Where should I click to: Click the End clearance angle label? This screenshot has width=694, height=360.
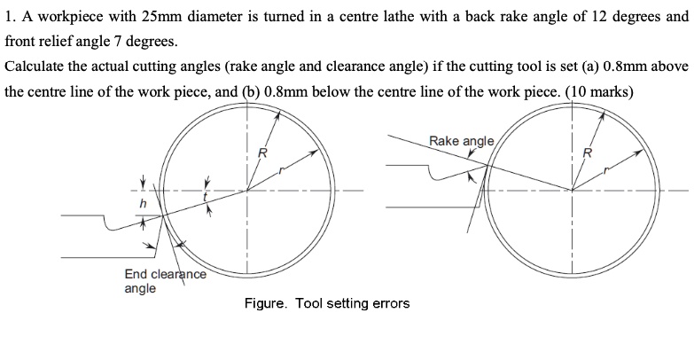tap(165, 280)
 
